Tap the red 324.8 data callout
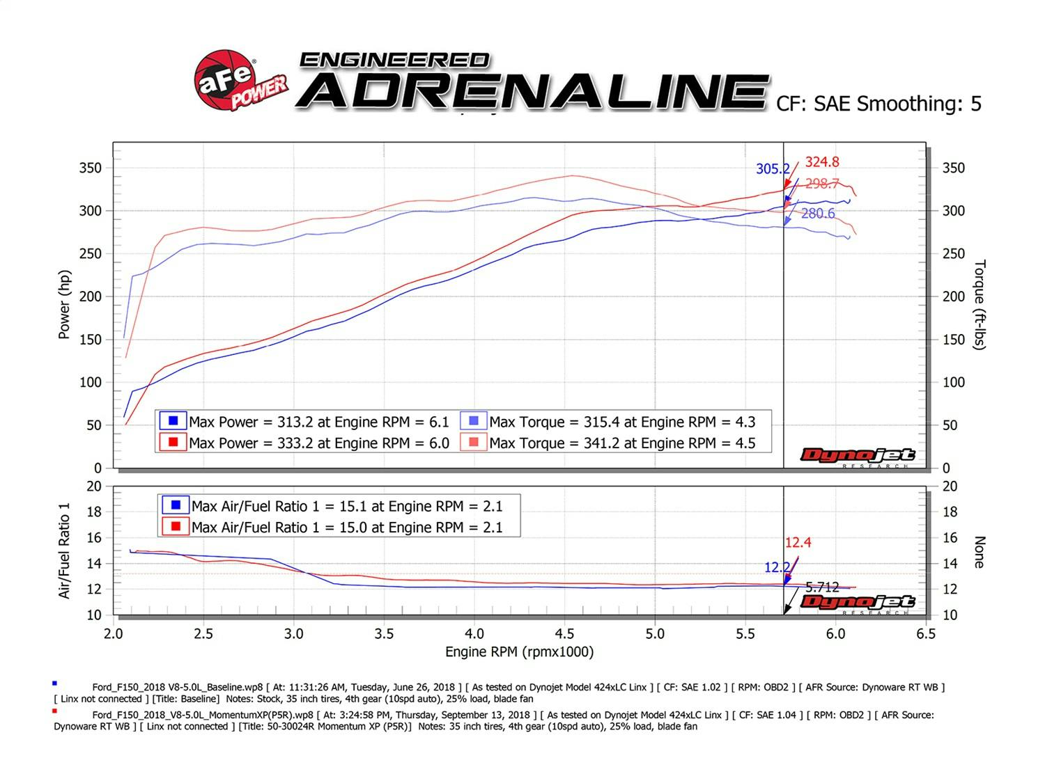822,162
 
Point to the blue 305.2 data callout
773,169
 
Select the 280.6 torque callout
817,214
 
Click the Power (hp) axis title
65,305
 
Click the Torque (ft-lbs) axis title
980,305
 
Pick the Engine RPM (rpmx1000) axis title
519,652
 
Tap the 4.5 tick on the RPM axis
564,634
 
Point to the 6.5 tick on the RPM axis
925,634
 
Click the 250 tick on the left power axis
90,254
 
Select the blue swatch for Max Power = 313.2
173,421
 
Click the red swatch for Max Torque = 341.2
474,443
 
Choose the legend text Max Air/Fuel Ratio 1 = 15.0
346,528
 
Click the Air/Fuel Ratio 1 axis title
65,550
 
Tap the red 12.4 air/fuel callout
798,543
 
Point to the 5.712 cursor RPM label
822,587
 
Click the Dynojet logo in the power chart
857,456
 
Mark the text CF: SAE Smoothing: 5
878,104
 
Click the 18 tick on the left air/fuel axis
94,512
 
